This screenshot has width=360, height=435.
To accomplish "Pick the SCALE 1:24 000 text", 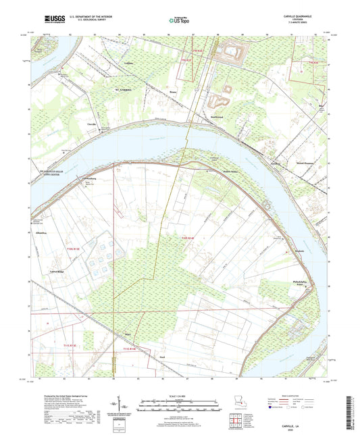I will pos(180,395).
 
